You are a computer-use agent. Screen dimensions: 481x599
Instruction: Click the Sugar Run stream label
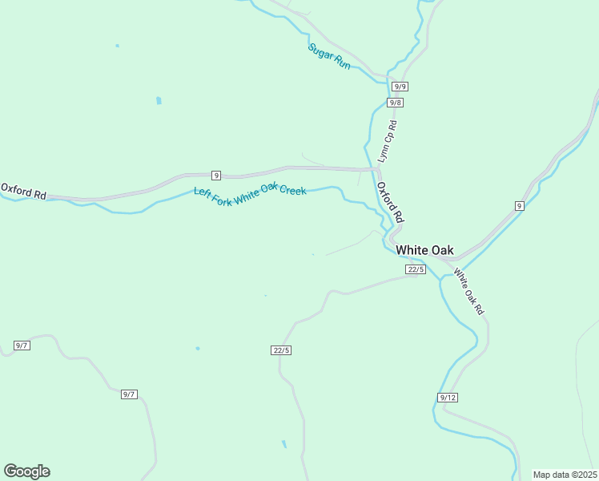coord(329,55)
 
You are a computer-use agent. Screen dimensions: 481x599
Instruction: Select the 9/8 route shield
coord(395,103)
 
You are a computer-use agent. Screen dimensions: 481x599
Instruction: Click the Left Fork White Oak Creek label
coord(250,196)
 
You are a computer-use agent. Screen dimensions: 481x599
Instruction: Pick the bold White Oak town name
coord(424,250)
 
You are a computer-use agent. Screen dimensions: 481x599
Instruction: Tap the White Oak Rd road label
coord(468,290)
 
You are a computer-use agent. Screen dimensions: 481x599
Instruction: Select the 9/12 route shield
coord(448,398)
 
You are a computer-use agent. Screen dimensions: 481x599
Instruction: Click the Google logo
coord(26,471)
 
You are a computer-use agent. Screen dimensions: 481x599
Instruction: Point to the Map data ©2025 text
coord(565,475)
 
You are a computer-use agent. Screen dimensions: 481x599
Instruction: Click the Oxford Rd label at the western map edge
coord(23,191)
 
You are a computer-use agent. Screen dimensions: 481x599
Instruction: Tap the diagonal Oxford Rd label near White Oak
coord(391,202)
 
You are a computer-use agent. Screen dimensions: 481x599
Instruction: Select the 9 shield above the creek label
coord(215,175)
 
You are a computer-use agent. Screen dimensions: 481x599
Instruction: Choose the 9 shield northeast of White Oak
coord(519,206)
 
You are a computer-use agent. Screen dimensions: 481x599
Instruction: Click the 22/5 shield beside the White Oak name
coord(415,269)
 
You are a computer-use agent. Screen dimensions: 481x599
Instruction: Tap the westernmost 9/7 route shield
coord(22,346)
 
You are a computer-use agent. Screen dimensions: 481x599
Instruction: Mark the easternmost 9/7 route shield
coord(129,394)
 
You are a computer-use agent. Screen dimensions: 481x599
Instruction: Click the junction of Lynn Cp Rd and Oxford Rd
coord(377,170)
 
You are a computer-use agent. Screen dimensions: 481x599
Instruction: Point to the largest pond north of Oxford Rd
coord(159,101)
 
